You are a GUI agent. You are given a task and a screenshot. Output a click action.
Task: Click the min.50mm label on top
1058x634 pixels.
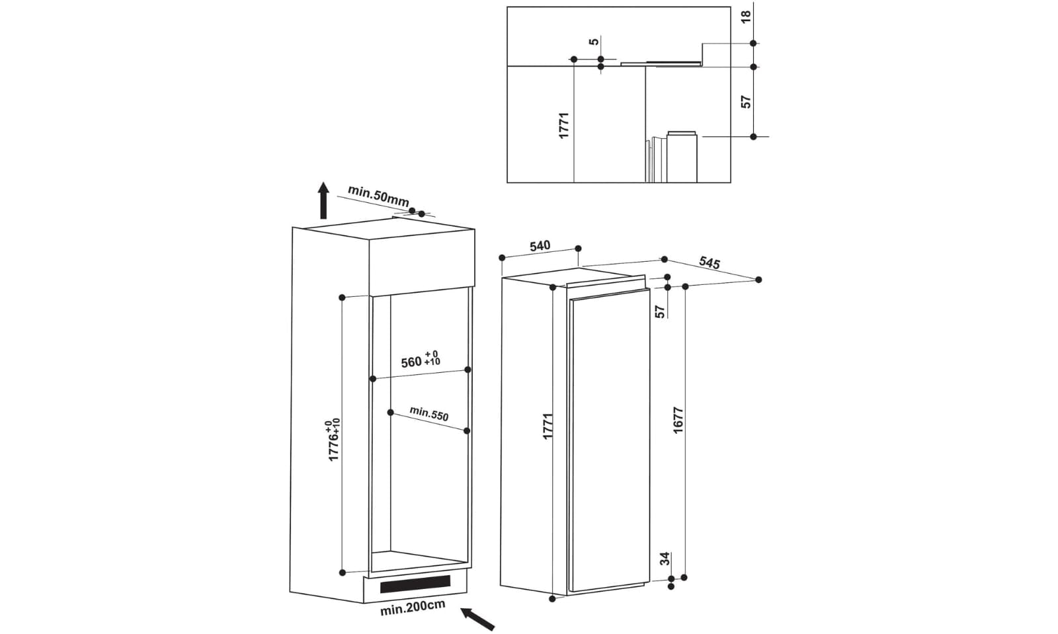tap(378, 195)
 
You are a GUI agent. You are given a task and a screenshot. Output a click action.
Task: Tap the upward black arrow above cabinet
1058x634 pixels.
tap(323, 200)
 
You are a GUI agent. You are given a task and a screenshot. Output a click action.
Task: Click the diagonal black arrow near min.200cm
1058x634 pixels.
tap(477, 619)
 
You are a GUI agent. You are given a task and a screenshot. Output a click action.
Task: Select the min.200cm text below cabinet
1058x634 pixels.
tap(412, 607)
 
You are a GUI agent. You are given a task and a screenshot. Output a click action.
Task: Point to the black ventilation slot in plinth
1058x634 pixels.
tap(415, 584)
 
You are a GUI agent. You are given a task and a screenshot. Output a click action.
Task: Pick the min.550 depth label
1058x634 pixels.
tap(428, 414)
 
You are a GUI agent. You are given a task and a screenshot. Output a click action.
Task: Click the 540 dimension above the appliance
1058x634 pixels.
tap(540, 246)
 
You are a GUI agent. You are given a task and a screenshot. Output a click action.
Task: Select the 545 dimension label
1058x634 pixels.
tap(709, 263)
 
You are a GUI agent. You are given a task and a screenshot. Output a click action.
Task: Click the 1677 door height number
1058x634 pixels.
tap(678, 420)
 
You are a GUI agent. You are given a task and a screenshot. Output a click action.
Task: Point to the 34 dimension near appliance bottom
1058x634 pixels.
tap(665, 559)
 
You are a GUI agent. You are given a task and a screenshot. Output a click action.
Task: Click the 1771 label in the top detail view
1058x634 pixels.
tap(564, 125)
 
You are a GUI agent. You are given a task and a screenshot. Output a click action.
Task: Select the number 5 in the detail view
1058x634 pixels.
tap(594, 42)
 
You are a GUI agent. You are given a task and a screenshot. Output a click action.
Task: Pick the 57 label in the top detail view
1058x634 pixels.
tap(746, 102)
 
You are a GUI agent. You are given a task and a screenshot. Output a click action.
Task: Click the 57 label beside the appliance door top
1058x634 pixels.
tap(660, 311)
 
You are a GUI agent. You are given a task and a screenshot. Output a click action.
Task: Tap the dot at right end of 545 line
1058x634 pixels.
tap(758, 280)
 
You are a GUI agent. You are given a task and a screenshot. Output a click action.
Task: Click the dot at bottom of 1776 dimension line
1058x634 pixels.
tap(343, 572)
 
